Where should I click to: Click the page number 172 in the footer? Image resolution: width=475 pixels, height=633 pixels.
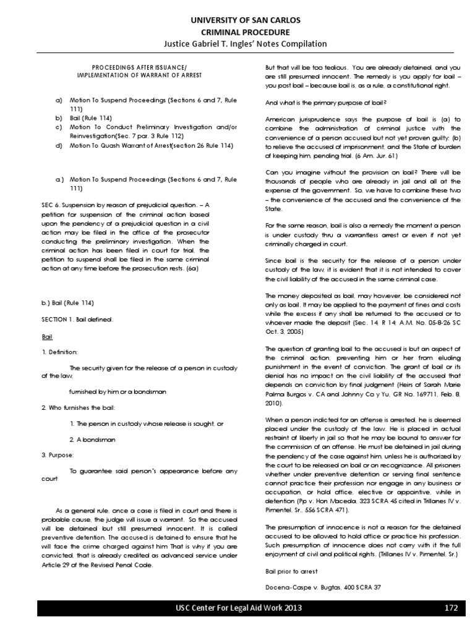451,609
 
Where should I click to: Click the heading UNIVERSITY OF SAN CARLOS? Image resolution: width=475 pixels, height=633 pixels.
237,20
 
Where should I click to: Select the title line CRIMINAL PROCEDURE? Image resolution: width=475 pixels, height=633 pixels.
237,32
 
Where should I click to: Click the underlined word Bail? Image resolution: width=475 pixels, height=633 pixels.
46,337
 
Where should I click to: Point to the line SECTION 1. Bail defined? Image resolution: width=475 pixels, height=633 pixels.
77,320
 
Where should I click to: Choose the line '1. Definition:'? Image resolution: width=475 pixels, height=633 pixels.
59,352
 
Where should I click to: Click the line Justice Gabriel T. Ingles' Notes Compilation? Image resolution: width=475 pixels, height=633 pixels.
237,44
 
